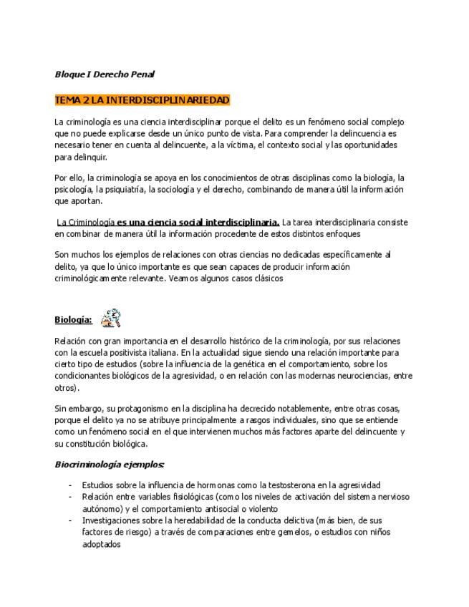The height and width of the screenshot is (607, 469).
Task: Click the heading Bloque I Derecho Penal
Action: (105, 74)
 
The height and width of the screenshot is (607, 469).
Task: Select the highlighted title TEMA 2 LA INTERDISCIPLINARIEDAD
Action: (142, 99)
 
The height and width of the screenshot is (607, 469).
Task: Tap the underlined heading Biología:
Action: (73, 319)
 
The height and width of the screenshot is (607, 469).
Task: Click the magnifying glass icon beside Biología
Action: (110, 318)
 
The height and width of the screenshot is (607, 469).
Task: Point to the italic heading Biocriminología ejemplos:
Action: (110, 464)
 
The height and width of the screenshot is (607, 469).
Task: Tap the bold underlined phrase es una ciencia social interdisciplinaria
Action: (198, 222)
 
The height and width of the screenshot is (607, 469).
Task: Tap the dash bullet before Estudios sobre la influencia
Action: (70, 485)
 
